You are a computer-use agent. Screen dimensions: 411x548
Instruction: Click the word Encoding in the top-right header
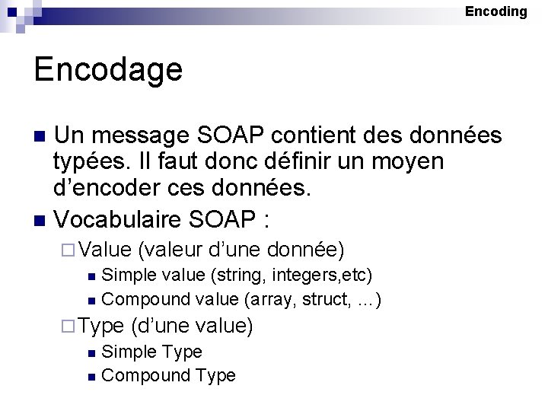point(495,11)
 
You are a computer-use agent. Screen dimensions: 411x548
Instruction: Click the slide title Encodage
point(108,70)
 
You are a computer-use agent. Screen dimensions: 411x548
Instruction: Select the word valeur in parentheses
point(174,250)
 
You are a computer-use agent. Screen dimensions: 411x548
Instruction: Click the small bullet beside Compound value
point(91,300)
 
